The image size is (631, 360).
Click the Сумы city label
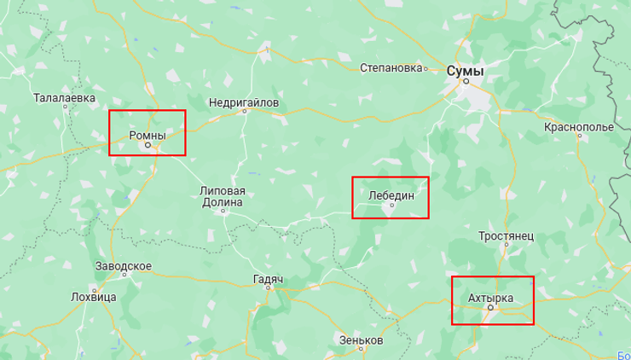(x=465, y=71)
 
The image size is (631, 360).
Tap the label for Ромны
(x=147, y=135)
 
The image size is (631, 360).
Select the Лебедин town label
(x=391, y=195)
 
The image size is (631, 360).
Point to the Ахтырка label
(x=491, y=297)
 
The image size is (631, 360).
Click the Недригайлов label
(x=244, y=102)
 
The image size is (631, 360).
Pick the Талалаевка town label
(x=64, y=98)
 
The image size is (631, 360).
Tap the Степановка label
(x=392, y=67)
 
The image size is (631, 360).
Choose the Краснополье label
(x=578, y=127)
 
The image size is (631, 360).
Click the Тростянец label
(x=506, y=235)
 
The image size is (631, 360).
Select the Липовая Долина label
(x=223, y=196)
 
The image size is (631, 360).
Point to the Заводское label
(x=124, y=266)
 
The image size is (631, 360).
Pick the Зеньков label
(x=361, y=340)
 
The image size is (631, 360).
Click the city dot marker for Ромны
(x=147, y=145)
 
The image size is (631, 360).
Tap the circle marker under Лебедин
(x=392, y=205)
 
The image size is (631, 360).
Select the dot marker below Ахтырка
(x=489, y=307)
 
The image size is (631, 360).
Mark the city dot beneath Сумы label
(x=466, y=82)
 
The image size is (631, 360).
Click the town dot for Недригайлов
(x=244, y=112)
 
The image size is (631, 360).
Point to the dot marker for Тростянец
(x=507, y=245)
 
